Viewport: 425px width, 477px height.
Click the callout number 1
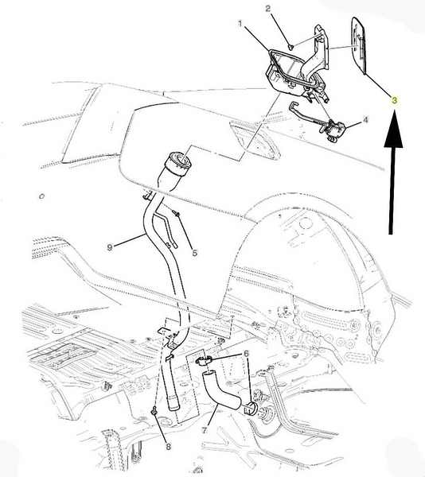click(x=240, y=23)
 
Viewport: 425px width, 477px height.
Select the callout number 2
click(x=268, y=8)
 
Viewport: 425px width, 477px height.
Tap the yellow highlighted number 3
click(x=394, y=100)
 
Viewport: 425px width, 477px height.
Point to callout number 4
click(x=365, y=120)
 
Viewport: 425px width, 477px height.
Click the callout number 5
click(x=195, y=252)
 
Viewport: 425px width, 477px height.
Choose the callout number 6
click(x=246, y=353)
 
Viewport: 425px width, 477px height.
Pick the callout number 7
click(x=204, y=430)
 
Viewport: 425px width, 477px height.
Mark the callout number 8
click(x=169, y=446)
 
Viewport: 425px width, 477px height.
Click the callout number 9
click(x=110, y=247)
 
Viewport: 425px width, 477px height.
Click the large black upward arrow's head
click(x=393, y=130)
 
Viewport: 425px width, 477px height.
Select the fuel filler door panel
click(x=358, y=45)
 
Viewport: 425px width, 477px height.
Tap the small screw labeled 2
click(x=290, y=47)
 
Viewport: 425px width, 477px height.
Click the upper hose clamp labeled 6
click(x=202, y=361)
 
